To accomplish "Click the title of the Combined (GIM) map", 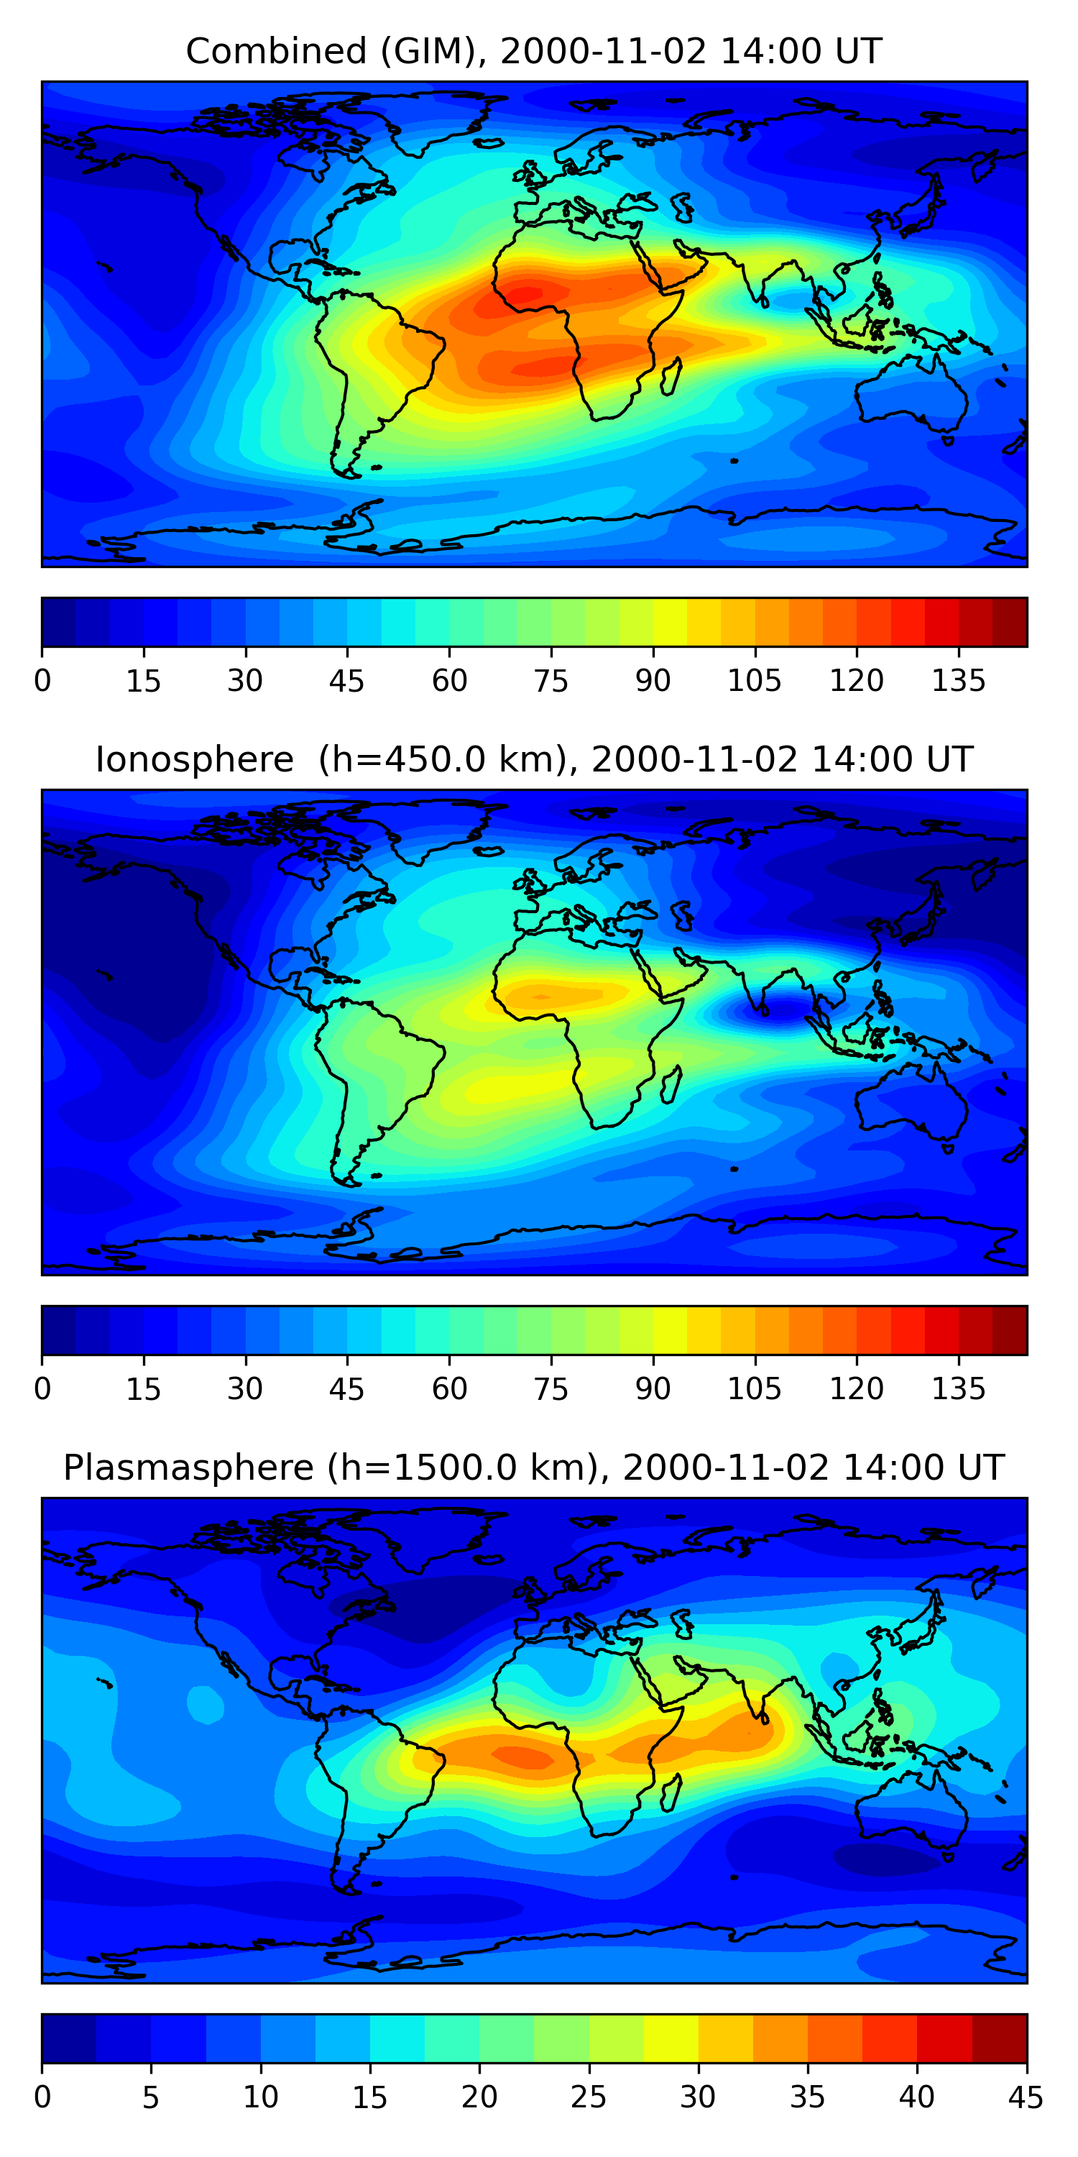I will click(534, 51).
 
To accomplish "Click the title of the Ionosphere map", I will click(534, 759).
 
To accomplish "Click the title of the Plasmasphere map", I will click(534, 1468).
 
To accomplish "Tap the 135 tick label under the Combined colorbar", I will click(958, 681).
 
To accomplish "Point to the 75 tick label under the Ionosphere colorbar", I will click(550, 1389).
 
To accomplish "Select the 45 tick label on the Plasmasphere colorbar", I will click(1026, 2097).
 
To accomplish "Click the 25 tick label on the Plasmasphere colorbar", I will click(588, 2097).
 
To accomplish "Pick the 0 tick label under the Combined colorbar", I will click(42, 681).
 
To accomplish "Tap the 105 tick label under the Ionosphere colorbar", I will click(754, 1389).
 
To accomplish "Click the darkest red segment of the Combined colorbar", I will click(1010, 622).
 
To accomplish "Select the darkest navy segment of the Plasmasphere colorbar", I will click(68, 2039).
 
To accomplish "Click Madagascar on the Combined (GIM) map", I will click(671, 377).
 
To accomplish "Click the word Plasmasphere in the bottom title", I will click(188, 1468).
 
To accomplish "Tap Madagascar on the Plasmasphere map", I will click(671, 1792).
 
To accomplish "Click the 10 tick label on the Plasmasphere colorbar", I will click(260, 2097).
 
